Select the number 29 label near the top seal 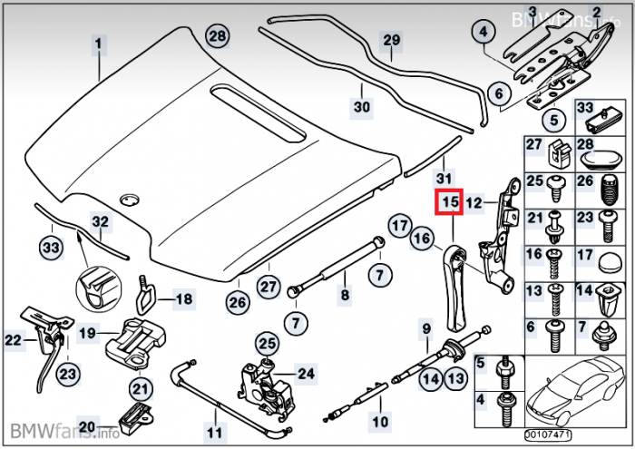pos(391,41)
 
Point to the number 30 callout pos(362,107)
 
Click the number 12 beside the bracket pos(474,203)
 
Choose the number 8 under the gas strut pos(345,295)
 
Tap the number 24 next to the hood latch pos(306,373)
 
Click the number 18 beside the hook pos(183,298)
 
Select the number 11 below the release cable pos(214,432)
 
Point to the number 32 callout pos(100,221)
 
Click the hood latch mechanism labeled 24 pos(266,386)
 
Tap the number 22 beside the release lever pos(12,340)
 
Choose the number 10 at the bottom pos(379,423)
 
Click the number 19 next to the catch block pos(87,334)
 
